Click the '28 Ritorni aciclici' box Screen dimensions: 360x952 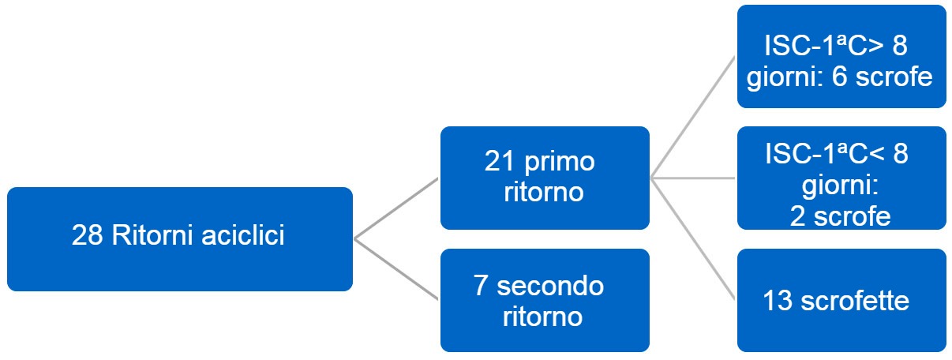coord(179,238)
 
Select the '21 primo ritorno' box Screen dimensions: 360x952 coord(545,178)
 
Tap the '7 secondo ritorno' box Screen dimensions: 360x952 coord(545,300)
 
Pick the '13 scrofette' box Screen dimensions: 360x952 coord(841,300)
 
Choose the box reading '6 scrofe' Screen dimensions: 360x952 coord(841,57)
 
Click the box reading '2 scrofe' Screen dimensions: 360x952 coord(841,178)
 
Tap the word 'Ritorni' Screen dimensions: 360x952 coord(149,236)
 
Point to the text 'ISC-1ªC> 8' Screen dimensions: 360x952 coord(836,46)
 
